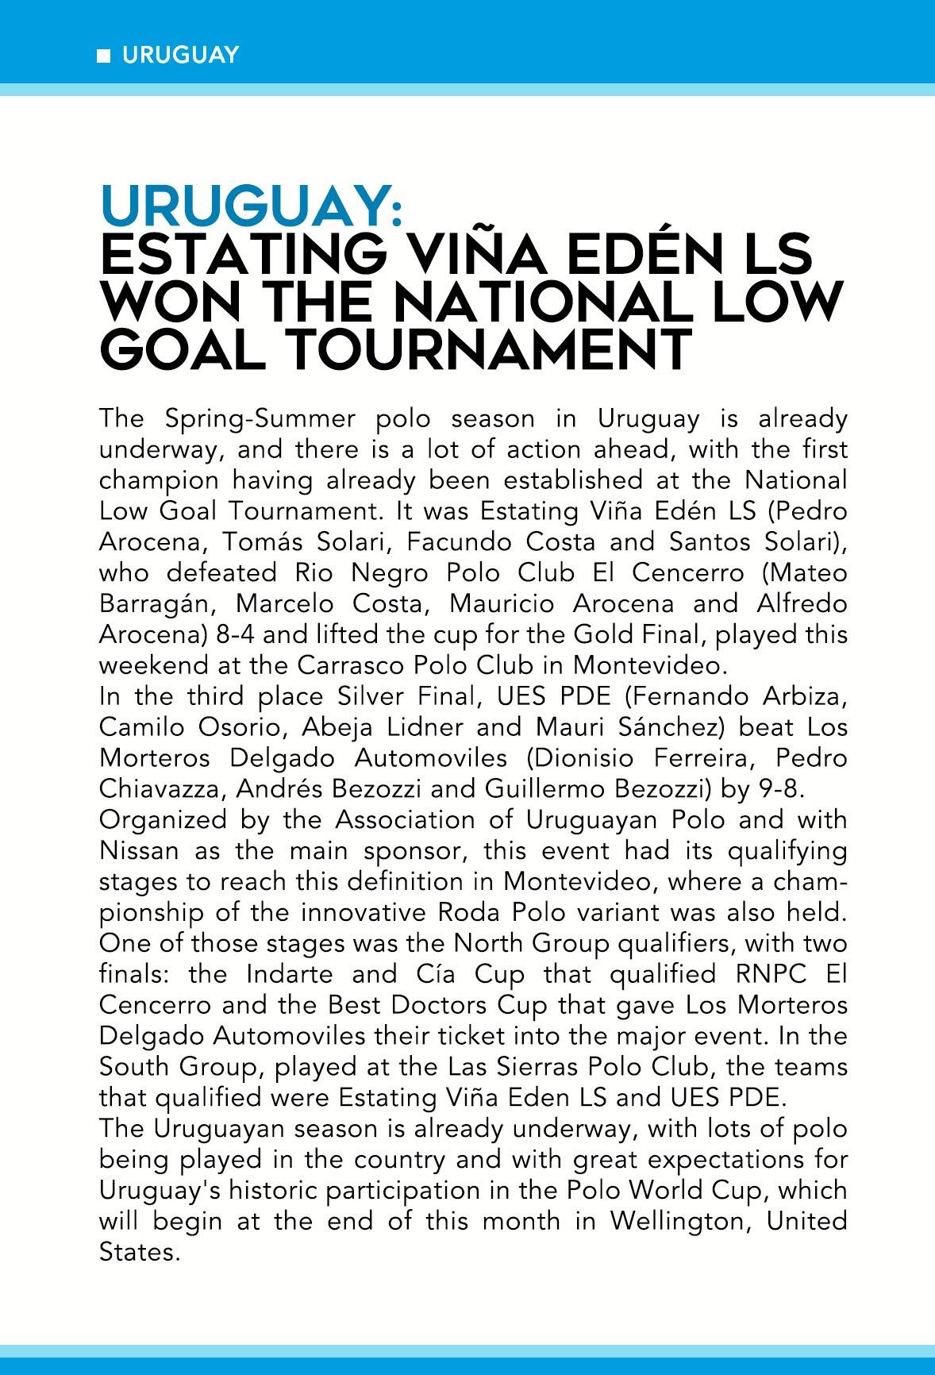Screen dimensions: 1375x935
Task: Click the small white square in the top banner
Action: point(102,56)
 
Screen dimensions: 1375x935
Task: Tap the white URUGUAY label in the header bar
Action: point(180,56)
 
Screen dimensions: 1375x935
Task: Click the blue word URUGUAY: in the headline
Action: point(252,207)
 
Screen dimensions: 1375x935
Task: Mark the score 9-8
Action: point(781,789)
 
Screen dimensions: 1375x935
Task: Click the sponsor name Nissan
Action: point(140,851)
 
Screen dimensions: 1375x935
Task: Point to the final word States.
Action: point(135,1252)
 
